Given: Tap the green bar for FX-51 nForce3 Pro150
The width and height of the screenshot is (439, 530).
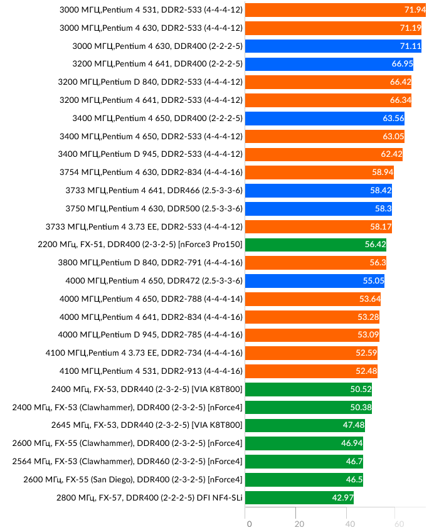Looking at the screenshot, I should point(316,245).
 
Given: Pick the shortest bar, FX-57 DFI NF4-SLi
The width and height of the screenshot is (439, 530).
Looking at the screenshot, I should point(299,498).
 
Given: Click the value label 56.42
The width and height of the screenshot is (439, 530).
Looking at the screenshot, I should point(375,245).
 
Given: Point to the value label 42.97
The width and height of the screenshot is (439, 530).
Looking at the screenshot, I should point(342,498).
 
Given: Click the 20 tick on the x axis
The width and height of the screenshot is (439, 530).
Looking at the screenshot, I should point(299,524).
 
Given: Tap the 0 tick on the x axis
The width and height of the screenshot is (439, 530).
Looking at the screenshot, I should point(249,524).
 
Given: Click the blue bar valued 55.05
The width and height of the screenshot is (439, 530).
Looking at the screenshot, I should point(314,281).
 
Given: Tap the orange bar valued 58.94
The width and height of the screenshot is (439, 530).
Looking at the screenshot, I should point(319,172).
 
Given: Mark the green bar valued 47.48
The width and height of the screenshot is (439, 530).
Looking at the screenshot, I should point(305,426).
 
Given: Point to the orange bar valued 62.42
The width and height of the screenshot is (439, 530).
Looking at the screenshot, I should point(324,154).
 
